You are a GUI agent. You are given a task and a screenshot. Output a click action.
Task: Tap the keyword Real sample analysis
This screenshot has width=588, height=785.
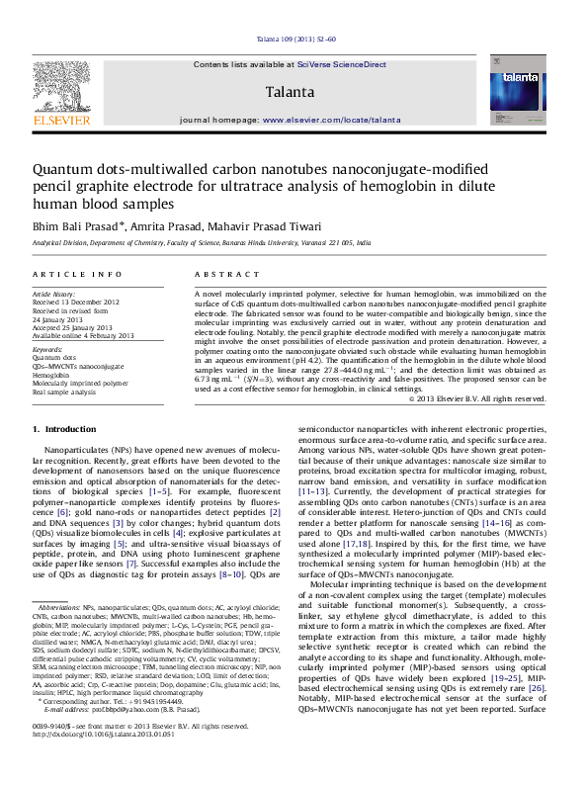coord(64,392)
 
